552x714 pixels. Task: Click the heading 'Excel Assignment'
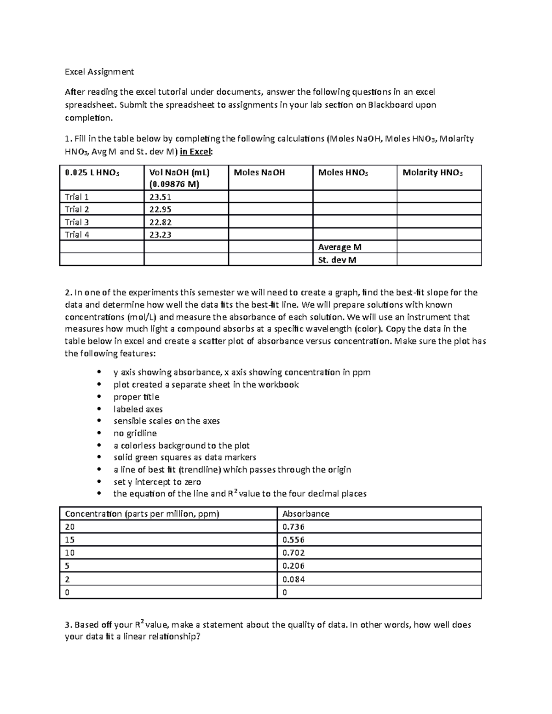point(99,72)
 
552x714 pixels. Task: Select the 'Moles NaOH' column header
point(259,172)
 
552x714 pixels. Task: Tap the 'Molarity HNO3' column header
point(432,172)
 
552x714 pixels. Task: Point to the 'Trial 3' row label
point(77,222)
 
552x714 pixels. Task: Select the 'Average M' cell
point(339,247)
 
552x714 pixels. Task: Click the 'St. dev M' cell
point(337,260)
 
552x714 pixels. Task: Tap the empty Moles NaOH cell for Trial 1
point(270,197)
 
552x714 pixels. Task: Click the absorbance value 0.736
point(293,527)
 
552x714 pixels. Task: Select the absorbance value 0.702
point(293,553)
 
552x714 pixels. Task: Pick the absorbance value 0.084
point(293,579)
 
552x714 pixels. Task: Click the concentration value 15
point(70,540)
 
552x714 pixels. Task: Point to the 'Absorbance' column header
point(306,514)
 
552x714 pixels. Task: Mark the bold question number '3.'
point(69,625)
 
